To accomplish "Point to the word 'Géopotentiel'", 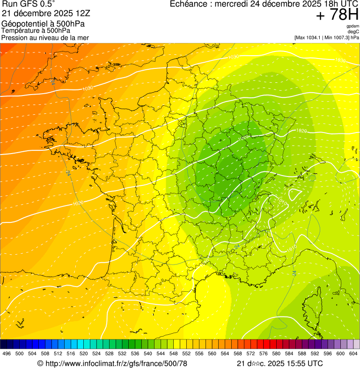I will point(22,23).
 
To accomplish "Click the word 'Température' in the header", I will point(20,30).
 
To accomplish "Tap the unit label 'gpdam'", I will point(353,26).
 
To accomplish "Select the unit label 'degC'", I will point(353,31).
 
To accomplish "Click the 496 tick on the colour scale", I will point(7,353).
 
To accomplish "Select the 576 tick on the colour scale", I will point(264,353).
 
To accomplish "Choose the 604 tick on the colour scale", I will point(354,353).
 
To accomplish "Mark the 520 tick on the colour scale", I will point(84,353).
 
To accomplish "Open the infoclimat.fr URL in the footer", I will point(116,363).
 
